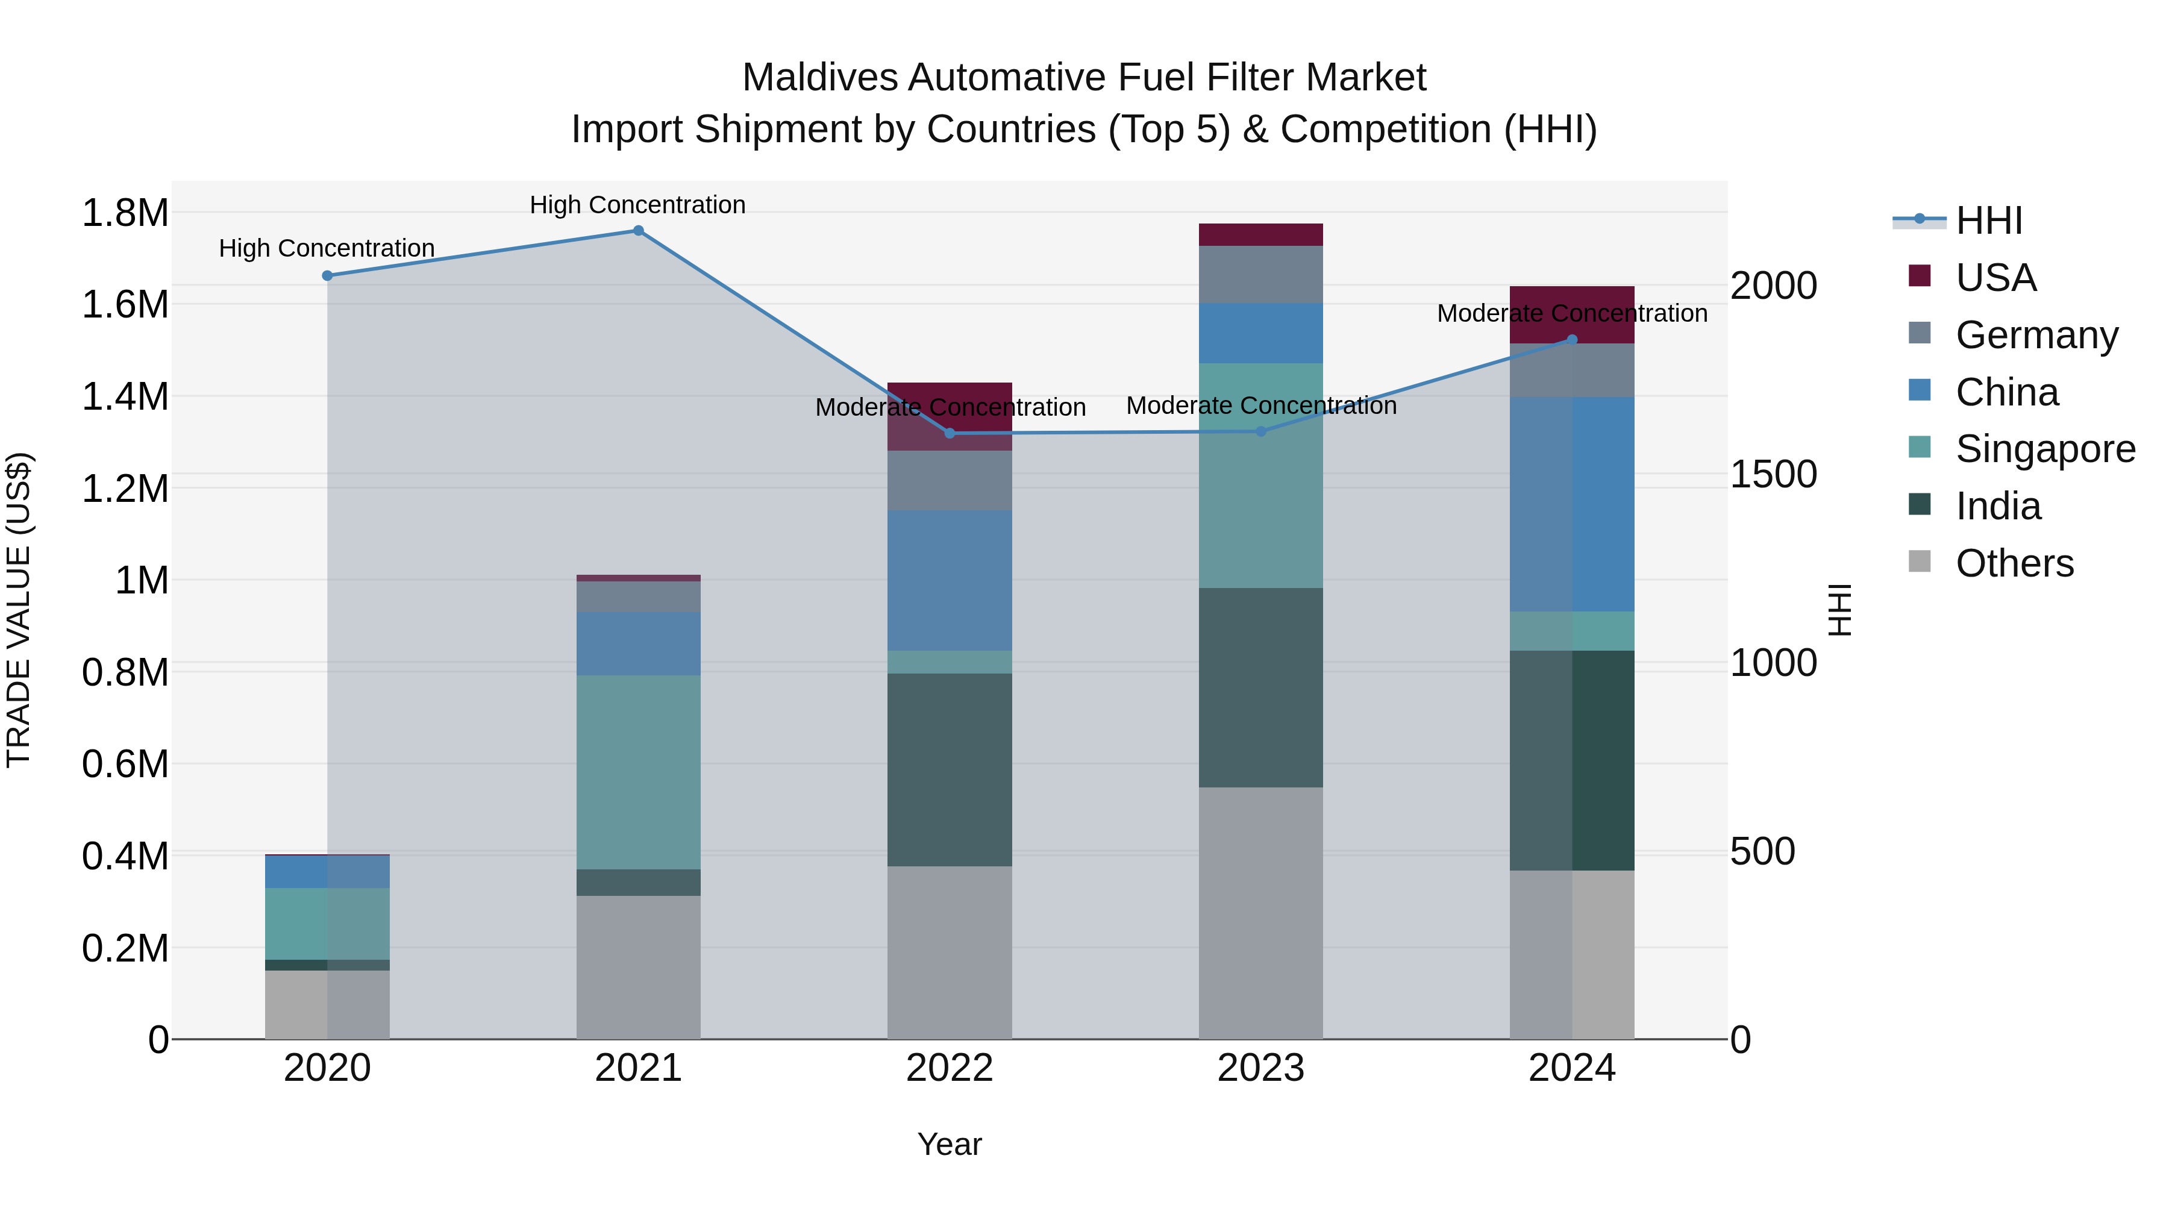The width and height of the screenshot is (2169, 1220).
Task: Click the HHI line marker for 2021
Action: (x=638, y=231)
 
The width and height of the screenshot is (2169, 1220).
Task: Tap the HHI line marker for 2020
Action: (x=328, y=275)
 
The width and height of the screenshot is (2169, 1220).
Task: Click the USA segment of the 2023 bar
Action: (x=1260, y=235)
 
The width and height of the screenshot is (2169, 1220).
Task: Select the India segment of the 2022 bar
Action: (x=950, y=769)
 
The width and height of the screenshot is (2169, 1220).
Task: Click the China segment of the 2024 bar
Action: (x=1571, y=504)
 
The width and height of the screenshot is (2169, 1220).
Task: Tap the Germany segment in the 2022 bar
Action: (x=950, y=480)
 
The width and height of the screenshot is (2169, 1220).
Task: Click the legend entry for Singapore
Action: (x=2045, y=449)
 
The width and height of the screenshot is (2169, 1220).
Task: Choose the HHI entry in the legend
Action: (x=1988, y=221)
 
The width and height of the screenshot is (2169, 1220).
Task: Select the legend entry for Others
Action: (x=2014, y=563)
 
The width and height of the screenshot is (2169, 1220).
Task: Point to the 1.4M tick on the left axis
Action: (x=125, y=396)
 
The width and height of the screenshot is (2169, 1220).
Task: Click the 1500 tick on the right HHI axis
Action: (x=1773, y=474)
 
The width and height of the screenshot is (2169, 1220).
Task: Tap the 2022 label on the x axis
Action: (x=950, y=1068)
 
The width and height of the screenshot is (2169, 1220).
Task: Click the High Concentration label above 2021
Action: (x=637, y=205)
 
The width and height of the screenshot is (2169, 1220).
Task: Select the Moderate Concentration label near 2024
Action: (x=1571, y=313)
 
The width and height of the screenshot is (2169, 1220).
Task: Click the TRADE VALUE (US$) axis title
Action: (x=19, y=610)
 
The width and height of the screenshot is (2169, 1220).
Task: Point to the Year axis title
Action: (x=949, y=1144)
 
